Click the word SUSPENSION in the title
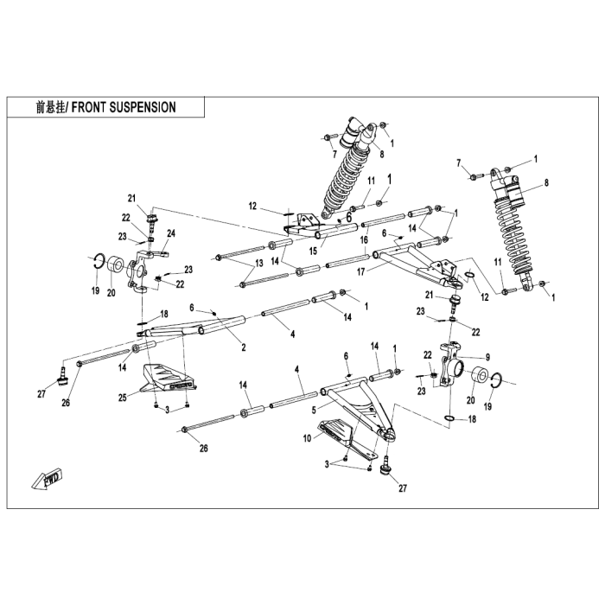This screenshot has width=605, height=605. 143,107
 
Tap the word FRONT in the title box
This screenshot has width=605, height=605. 89,107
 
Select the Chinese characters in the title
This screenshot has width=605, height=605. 50,107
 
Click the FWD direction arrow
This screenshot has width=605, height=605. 48,479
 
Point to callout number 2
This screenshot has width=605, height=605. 244,347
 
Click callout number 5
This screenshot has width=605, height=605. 314,411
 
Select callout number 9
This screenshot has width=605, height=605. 487,357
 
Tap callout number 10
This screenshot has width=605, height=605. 307,438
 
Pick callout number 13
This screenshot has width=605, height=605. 259,263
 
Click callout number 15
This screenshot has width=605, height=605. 313,251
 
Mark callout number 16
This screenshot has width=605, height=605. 364,240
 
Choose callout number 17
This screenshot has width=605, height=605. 360,272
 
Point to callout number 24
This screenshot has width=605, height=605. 171,233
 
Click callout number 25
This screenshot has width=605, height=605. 123,398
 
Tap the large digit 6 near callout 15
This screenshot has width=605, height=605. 348,217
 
